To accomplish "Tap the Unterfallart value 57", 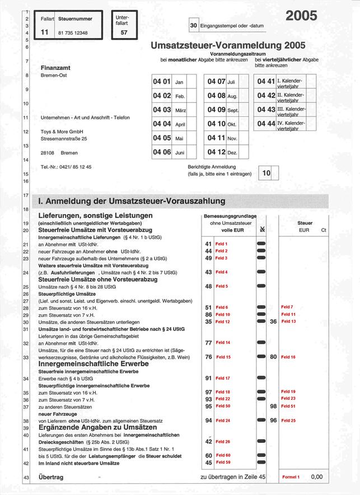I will pyautogui.click(x=124, y=33).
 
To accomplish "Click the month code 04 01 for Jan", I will pyautogui.click(x=162, y=82).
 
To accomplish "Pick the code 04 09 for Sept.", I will pyautogui.click(x=216, y=110).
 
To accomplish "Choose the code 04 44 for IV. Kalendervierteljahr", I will pyautogui.click(x=266, y=123).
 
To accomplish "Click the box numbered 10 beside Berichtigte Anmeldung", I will pyautogui.click(x=266, y=173).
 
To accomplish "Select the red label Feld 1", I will pyautogui.click(x=222, y=244).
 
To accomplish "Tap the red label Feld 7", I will pyautogui.click(x=287, y=307).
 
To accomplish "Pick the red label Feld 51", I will pyautogui.click(x=288, y=406).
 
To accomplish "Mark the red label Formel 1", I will pyautogui.click(x=291, y=477).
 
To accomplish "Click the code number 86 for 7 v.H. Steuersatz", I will pyautogui.click(x=208, y=315).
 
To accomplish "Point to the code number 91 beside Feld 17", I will pyautogui.click(x=208, y=379).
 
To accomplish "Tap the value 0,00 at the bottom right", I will pyautogui.click(x=317, y=477).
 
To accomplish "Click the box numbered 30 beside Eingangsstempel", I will pyautogui.click(x=194, y=25).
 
